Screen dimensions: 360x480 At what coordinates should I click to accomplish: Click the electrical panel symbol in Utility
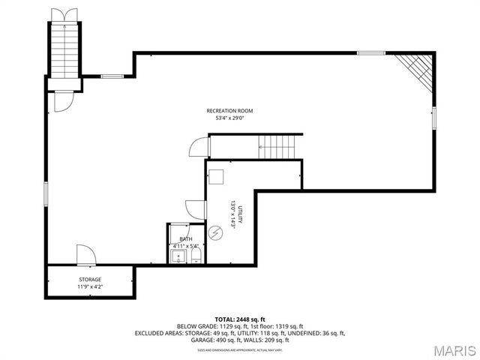point(216,232)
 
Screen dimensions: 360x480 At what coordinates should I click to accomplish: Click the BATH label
point(185,239)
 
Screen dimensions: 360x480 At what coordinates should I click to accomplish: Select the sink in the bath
point(177,257)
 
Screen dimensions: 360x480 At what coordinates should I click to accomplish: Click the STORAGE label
point(90,279)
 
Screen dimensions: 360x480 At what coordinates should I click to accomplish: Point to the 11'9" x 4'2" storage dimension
point(90,286)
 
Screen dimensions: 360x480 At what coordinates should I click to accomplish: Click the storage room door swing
point(85,254)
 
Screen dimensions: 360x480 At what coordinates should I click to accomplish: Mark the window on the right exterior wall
point(434,119)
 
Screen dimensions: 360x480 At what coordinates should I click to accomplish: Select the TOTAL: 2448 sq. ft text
point(239,319)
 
